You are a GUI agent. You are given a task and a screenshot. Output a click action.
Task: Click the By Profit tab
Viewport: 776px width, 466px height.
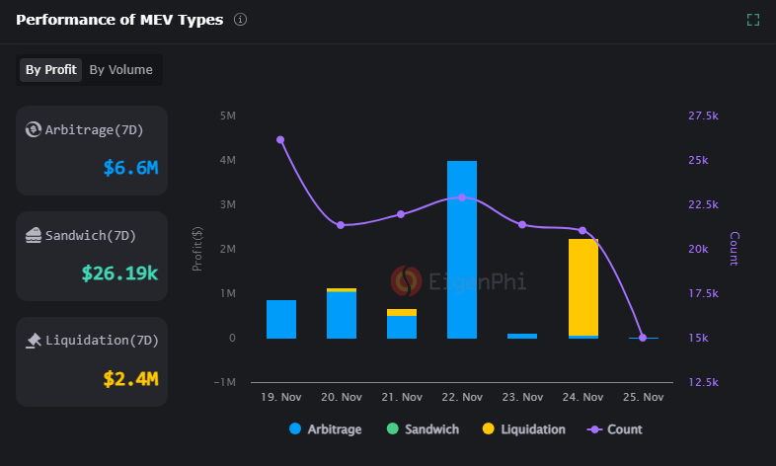coord(51,70)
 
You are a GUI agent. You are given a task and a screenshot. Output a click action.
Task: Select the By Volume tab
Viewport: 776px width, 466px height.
coord(120,70)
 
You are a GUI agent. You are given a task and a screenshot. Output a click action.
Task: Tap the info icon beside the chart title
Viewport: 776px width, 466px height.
coord(241,20)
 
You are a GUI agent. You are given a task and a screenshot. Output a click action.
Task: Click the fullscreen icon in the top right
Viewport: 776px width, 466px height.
coord(753,20)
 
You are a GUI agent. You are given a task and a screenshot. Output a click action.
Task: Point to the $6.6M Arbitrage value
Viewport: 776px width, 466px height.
coord(130,168)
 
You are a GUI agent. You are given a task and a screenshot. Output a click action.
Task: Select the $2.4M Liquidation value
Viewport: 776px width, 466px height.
coord(130,378)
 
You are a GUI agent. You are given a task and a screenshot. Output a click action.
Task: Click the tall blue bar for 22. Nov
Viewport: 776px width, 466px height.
coord(462,249)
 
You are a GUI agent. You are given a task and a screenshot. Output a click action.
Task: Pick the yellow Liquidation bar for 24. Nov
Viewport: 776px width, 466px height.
coord(583,286)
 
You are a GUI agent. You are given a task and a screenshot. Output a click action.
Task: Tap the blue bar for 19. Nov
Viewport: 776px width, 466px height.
coord(281,319)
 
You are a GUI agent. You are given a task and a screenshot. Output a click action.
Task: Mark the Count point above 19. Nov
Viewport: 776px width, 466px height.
coord(280,140)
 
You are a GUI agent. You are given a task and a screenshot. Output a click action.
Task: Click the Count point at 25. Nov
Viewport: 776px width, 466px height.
coord(643,338)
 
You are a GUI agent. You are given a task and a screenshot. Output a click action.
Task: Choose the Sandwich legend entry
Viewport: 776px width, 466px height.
coord(424,429)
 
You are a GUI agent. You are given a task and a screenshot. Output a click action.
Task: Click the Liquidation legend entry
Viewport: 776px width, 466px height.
coord(524,429)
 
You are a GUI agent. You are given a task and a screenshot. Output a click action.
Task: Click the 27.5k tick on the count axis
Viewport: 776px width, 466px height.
coord(703,116)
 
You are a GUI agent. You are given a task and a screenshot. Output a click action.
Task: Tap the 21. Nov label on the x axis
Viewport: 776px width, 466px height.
coord(402,397)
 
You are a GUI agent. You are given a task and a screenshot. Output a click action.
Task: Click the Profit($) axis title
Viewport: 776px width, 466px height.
coord(198,249)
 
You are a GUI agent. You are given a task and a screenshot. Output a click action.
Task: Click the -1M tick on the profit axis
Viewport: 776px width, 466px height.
coord(225,382)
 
